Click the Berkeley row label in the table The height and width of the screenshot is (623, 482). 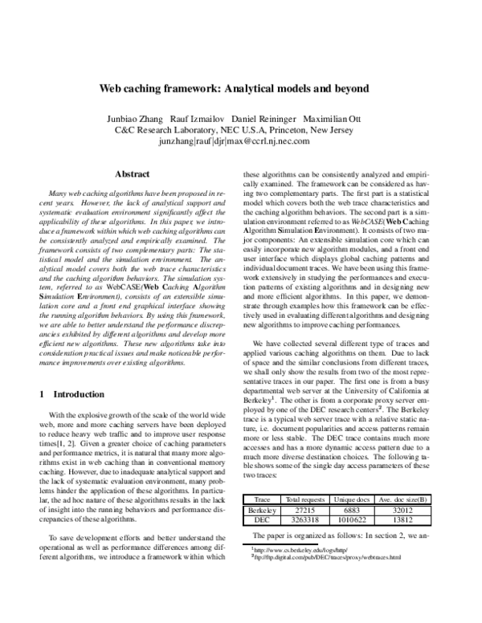point(263,509)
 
